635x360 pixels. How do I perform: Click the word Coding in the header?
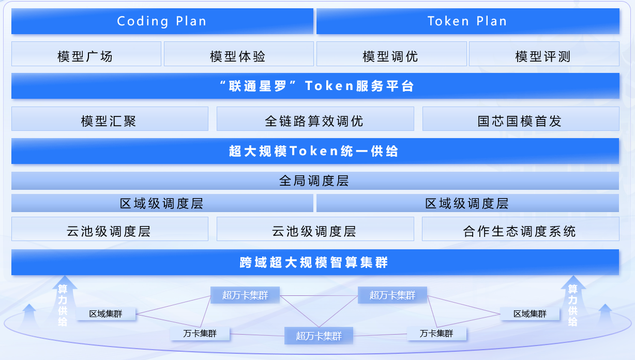pyautogui.click(x=143, y=21)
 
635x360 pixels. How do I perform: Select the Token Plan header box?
pyautogui.click(x=468, y=21)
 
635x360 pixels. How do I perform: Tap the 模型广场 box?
pyautogui.click(x=86, y=54)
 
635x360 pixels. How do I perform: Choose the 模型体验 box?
pyautogui.click(x=239, y=54)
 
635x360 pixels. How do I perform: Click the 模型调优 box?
pyautogui.click(x=391, y=54)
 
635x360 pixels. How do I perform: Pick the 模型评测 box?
pyautogui.click(x=544, y=54)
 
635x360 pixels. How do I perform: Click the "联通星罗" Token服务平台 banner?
pyautogui.click(x=315, y=86)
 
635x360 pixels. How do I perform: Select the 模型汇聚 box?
pyautogui.click(x=110, y=119)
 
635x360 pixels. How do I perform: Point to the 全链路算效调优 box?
pyautogui.click(x=315, y=119)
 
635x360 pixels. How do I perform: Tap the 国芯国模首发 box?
pyautogui.click(x=521, y=119)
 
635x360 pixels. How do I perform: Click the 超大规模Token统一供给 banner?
pyautogui.click(x=315, y=151)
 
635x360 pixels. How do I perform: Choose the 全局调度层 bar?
pyautogui.click(x=315, y=181)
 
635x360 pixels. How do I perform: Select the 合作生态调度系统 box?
pyautogui.click(x=521, y=229)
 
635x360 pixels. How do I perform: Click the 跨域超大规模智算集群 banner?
pyautogui.click(x=315, y=262)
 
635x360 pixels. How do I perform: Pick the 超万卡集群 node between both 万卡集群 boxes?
pyautogui.click(x=319, y=336)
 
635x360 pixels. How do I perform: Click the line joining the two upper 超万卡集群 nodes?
pyautogui.click(x=319, y=296)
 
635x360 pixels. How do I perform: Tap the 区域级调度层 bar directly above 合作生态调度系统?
pyautogui.click(x=467, y=203)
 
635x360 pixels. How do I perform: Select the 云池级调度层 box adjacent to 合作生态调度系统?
pyautogui.click(x=315, y=229)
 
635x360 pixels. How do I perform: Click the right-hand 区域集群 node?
pyautogui.click(x=530, y=314)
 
